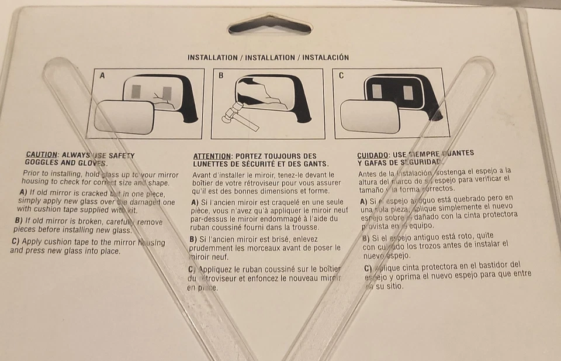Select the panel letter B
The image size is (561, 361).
(221, 75)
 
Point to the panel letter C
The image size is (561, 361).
(342, 75)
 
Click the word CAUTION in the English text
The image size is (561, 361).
(42, 155)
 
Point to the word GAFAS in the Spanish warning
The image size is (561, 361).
(377, 161)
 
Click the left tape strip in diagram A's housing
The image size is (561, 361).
(136, 92)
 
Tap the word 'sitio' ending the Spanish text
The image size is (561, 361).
(390, 287)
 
